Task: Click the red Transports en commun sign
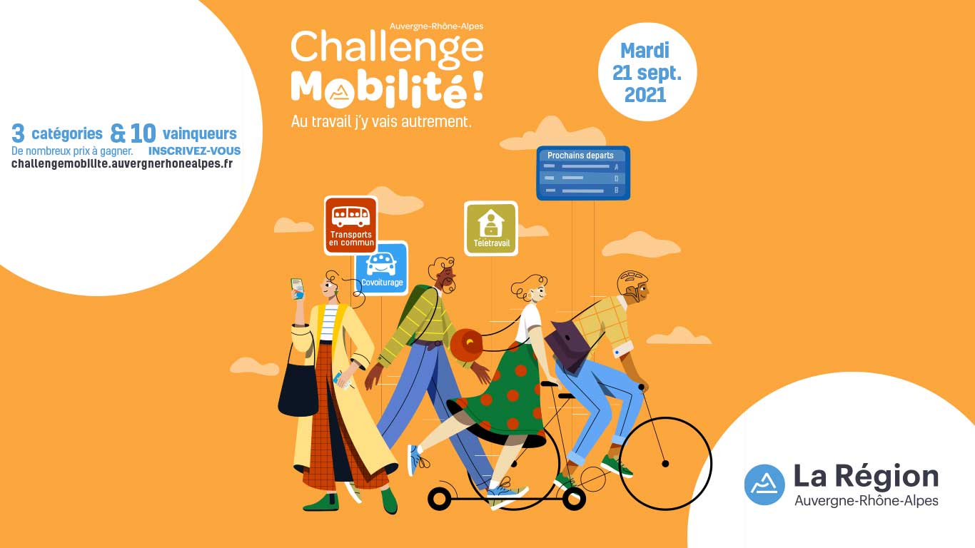pos(350,225)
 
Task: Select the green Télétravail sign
pos(491,228)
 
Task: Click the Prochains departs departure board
pos(583,173)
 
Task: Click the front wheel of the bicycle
pos(665,464)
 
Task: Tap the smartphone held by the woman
pos(298,289)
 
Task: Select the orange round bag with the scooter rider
pos(467,345)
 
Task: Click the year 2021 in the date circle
pos(645,95)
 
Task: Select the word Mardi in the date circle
pos(645,51)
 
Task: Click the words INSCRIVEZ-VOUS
pos(195,151)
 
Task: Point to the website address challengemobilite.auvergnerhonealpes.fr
pos(122,163)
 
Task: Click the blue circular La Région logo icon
pos(764,484)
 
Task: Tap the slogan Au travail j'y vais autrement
pos(381,121)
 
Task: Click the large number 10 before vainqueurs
pos(143,133)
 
